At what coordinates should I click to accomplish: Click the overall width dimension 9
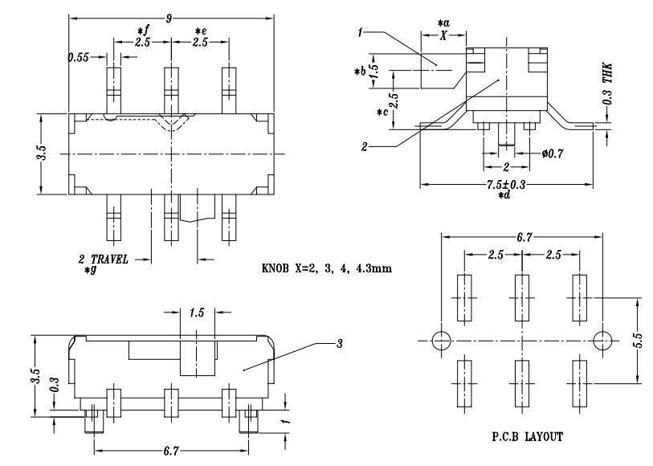169,18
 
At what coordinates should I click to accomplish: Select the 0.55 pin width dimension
78,57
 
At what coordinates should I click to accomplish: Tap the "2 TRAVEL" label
104,260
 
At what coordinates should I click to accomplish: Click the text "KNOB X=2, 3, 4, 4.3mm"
327,268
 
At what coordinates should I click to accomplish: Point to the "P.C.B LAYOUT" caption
527,437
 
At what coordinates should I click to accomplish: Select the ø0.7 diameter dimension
553,153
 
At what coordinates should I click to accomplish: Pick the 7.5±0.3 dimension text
506,184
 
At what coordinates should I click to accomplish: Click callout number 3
340,344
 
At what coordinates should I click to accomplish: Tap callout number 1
361,32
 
